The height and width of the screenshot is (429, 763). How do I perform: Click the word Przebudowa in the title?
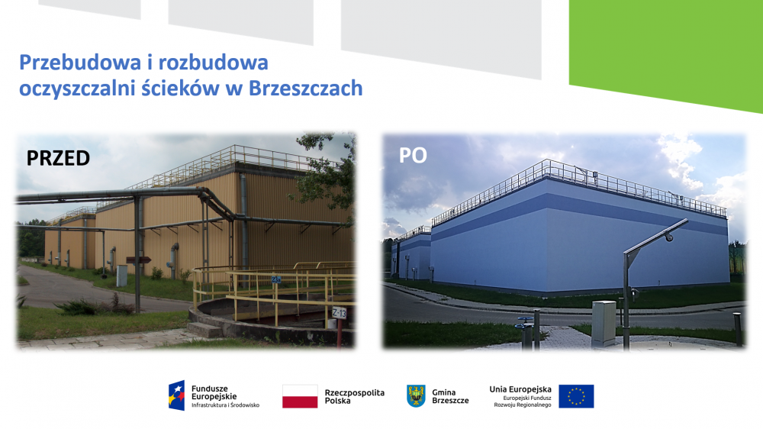pyautogui.click(x=80, y=63)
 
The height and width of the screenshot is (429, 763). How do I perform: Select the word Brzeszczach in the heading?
pyautogui.click(x=306, y=88)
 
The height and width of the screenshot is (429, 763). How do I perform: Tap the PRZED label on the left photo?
pyautogui.click(x=59, y=158)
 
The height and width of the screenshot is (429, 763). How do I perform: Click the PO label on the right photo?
pyautogui.click(x=413, y=155)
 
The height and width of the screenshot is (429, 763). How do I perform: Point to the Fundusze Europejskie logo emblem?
pyautogui.click(x=177, y=395)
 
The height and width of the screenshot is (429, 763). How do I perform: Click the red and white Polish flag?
pyautogui.click(x=300, y=396)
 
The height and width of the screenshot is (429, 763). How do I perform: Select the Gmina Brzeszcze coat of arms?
pyautogui.click(x=416, y=395)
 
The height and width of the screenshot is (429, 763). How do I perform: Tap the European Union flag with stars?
pyautogui.click(x=576, y=396)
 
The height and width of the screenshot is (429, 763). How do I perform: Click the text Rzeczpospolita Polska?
pyautogui.click(x=354, y=396)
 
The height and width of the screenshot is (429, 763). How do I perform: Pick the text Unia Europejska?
pyautogui.click(x=520, y=389)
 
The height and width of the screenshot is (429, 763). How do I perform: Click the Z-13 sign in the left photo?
pyautogui.click(x=339, y=313)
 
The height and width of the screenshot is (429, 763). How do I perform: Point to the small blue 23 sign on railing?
pyautogui.click(x=276, y=279)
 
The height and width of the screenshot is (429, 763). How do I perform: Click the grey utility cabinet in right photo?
pyautogui.click(x=604, y=324)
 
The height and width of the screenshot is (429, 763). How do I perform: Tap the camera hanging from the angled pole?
pyautogui.click(x=670, y=237)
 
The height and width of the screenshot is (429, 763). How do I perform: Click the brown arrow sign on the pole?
pyautogui.click(x=138, y=260)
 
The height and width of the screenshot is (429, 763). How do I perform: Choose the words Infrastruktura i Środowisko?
pyautogui.click(x=225, y=405)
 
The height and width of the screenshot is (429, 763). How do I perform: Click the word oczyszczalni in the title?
pyautogui.click(x=77, y=89)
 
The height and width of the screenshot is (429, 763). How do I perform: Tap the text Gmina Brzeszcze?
pyautogui.click(x=450, y=396)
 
